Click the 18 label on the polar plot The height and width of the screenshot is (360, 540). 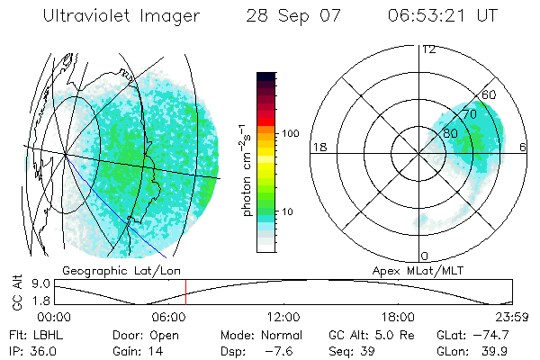tap(318, 147)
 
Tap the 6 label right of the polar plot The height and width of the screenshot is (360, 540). tap(524, 147)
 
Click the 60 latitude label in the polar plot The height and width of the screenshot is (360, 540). tap(490, 95)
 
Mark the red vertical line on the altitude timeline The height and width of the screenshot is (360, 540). tap(185, 292)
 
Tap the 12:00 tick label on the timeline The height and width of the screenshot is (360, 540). tap(283, 317)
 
